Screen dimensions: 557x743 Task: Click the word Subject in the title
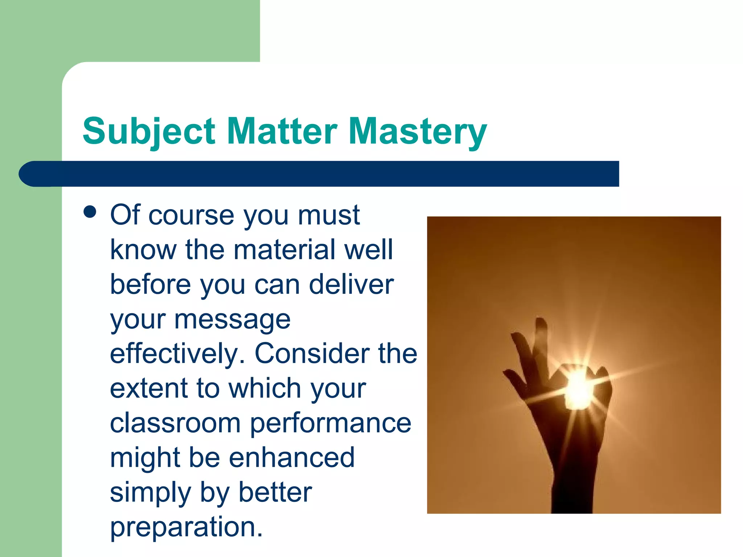(149, 131)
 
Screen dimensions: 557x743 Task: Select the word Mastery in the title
(417, 131)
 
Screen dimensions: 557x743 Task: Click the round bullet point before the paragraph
(90, 212)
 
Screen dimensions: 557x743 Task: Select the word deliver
(351, 284)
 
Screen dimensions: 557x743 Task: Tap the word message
(232, 320)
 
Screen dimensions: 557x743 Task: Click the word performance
(331, 424)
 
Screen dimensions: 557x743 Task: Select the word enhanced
(292, 457)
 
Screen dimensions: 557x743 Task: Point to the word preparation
(186, 527)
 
